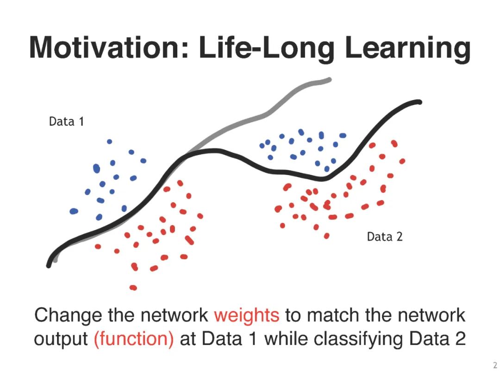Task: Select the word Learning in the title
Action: pos(407,50)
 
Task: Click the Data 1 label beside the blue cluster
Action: pos(66,121)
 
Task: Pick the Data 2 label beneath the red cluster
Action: pos(385,237)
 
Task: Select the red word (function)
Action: pos(134,338)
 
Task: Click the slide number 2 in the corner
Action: pos(495,365)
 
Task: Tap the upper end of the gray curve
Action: pos(329,80)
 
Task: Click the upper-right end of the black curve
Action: pos(419,102)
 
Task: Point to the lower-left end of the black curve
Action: pos(49,265)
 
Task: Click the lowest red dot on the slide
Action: pos(133,288)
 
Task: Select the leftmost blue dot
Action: pos(74,211)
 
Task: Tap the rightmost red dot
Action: pos(402,162)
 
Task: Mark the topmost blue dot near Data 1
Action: pos(109,141)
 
